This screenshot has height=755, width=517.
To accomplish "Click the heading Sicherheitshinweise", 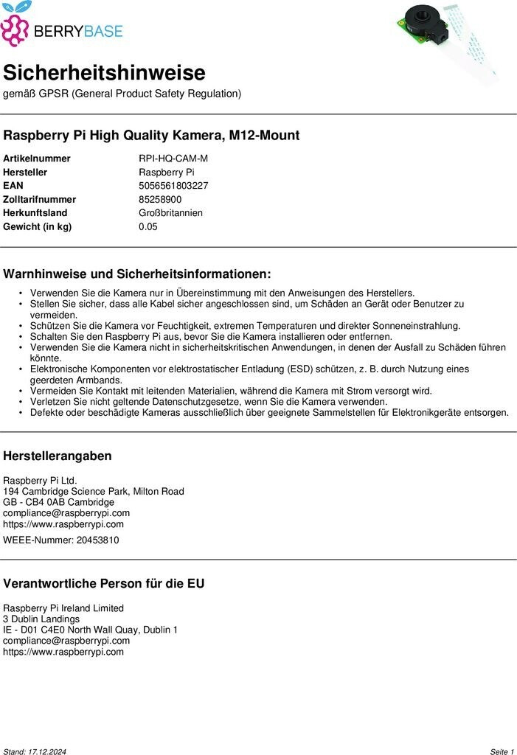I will [x=104, y=73].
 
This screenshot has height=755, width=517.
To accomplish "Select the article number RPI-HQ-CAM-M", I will [x=173, y=159].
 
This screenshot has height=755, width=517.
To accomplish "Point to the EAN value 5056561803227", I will [x=173, y=186].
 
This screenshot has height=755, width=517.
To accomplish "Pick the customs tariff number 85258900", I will [x=160, y=199].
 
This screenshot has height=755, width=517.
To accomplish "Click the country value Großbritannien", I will [x=170, y=213].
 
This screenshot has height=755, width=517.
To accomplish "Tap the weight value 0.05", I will [x=148, y=226].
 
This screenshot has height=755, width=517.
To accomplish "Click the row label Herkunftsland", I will [x=35, y=213].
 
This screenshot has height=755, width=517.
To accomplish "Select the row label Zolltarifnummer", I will [x=40, y=199].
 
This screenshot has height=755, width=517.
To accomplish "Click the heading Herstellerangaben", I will [x=58, y=456].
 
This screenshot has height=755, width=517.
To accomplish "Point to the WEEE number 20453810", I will [x=100, y=540].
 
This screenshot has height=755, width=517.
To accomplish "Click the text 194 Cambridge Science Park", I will [x=67, y=491].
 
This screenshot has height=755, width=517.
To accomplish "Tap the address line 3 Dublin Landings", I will [x=41, y=619].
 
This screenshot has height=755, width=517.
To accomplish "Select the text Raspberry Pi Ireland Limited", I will [x=63, y=608].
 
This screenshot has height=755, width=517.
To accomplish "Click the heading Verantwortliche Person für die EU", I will [x=104, y=583].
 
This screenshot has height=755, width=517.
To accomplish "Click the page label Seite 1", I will [x=502, y=751].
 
